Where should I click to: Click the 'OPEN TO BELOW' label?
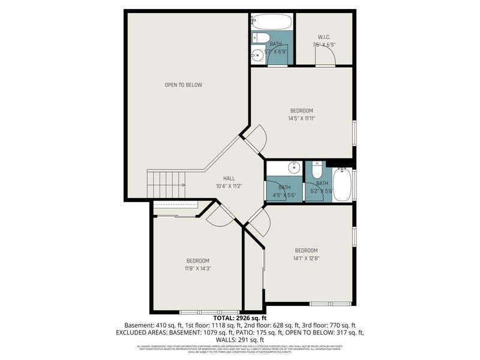[x=184, y=85]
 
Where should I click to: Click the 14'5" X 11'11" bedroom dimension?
[x=302, y=119]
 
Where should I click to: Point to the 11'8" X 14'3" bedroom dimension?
[x=197, y=268]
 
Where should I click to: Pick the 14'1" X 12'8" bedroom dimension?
[x=306, y=259]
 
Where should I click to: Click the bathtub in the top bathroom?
[x=272, y=23]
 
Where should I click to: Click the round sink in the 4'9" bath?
[x=295, y=167]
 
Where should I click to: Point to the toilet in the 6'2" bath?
[x=317, y=169]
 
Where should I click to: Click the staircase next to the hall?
[x=167, y=182]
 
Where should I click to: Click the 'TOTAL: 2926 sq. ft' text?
[x=240, y=318]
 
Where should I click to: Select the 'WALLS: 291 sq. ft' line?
[x=240, y=339]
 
